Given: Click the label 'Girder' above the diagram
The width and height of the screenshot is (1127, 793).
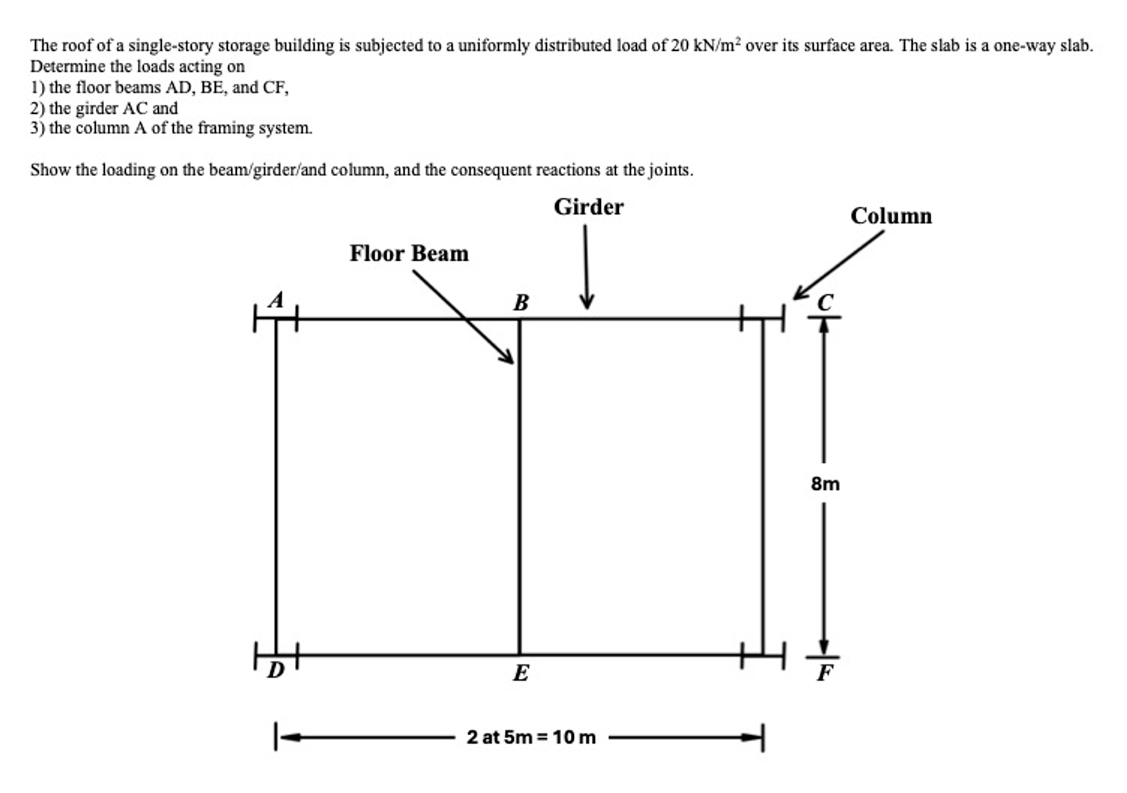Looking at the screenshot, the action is [x=588, y=208].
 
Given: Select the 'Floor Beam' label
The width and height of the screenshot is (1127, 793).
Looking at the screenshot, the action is [x=409, y=253].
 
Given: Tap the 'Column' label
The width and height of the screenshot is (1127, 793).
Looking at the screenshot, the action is [x=891, y=216].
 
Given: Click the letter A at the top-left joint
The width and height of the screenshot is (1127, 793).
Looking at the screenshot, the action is [x=277, y=300].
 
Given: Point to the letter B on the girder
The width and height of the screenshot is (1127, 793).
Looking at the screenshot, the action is [x=521, y=303].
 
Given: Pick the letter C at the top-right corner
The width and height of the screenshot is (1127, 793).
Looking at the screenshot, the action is [x=825, y=303].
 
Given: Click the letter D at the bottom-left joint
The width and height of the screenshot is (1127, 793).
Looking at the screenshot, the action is [x=276, y=670].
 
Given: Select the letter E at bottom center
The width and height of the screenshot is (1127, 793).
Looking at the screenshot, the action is [x=521, y=673].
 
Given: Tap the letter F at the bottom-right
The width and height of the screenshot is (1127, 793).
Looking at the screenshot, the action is [x=825, y=673].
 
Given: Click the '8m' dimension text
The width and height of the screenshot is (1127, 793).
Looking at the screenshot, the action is [x=825, y=483].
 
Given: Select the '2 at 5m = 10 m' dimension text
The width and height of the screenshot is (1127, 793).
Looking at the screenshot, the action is [x=531, y=737].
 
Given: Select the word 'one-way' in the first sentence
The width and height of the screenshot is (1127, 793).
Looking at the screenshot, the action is [x=1024, y=46].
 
